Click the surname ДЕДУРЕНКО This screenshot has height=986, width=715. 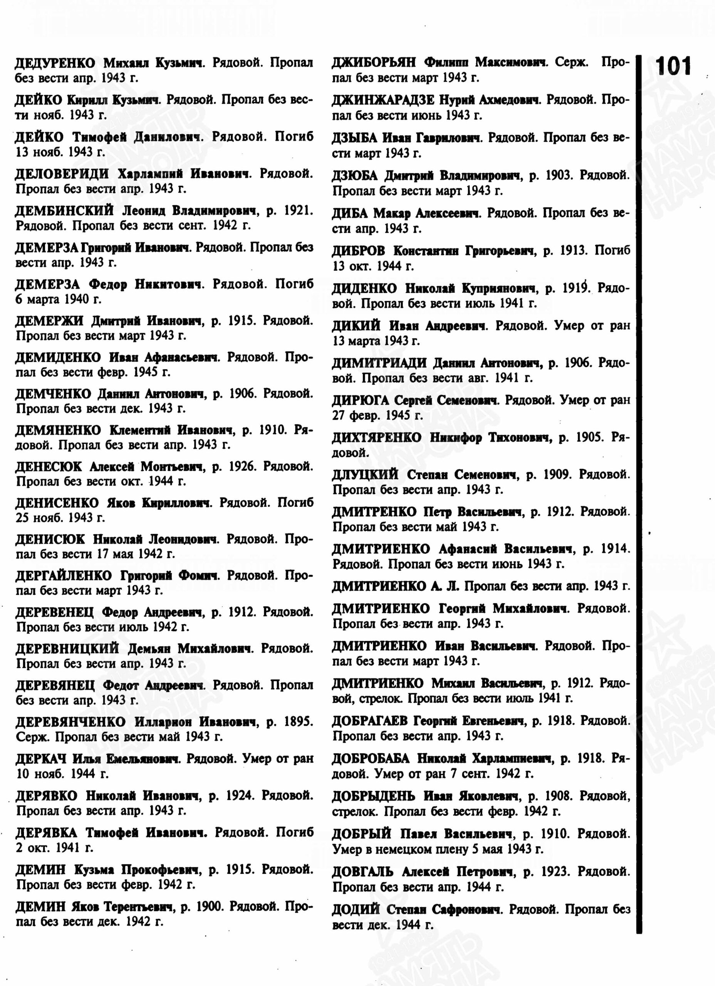(x=55, y=64)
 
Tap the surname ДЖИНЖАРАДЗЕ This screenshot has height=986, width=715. (x=383, y=101)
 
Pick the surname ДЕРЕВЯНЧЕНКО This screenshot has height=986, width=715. (x=70, y=722)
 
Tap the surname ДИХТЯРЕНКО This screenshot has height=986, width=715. (x=376, y=438)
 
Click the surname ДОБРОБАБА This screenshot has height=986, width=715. (x=371, y=759)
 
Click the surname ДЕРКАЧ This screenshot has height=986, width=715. (x=41, y=759)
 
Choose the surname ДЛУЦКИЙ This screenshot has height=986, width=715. (x=365, y=475)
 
